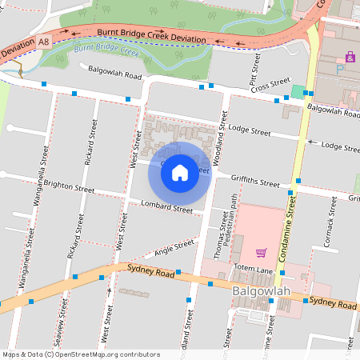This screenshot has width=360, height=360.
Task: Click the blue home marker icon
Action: [180, 173]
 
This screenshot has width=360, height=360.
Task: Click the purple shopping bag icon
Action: [350, 57]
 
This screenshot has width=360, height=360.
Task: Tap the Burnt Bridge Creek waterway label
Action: [106, 54]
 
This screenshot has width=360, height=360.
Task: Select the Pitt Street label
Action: [255, 70]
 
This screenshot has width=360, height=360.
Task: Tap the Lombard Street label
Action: [166, 209]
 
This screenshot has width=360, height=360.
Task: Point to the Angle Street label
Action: [174, 246]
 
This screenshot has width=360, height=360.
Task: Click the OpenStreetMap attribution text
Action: [80, 354]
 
